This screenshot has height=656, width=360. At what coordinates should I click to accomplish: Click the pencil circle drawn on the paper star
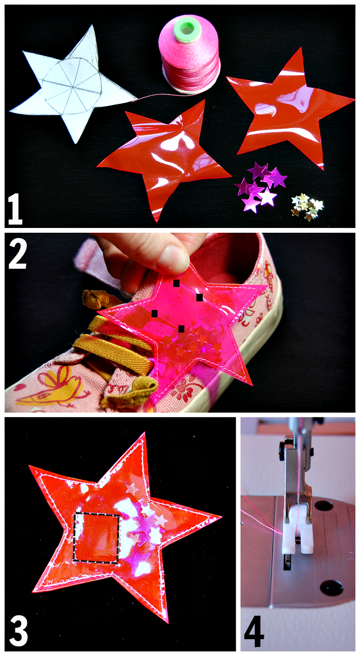[72, 89]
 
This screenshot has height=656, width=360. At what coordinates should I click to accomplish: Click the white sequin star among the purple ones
[267, 197]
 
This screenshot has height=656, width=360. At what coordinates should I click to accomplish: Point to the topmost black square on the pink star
[177, 283]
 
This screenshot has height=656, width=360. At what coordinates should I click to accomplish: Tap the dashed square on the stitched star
[96, 537]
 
